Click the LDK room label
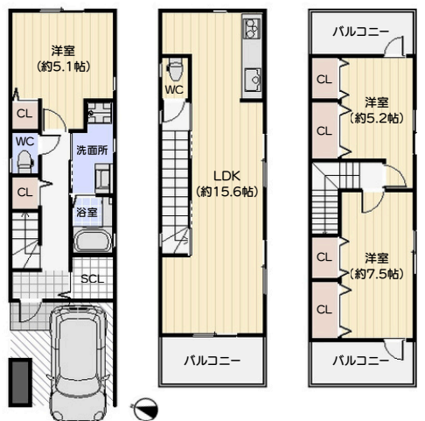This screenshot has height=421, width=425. coord(226,184)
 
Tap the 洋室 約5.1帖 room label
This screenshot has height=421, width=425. coord(63,59)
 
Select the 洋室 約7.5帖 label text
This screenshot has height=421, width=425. coord(377,266)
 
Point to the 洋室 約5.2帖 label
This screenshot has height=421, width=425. coord(377,110)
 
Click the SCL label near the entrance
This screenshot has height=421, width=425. coord(92,279)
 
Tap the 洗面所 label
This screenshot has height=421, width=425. coord(92,151)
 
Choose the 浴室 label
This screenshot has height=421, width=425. coord(87,212)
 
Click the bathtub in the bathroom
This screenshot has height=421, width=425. coord(93,241)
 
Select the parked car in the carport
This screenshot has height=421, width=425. coord(78,361)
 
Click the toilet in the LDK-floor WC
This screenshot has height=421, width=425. coord(176,70)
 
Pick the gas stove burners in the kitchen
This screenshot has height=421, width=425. coord(251,28)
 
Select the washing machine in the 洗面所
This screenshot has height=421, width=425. coord(103,178)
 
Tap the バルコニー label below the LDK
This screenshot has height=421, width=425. coord(212,361)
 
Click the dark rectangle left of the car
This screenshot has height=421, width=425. coord(20,382)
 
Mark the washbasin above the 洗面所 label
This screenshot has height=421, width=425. coord(100,113)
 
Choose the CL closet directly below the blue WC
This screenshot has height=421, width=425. coord(25,193)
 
